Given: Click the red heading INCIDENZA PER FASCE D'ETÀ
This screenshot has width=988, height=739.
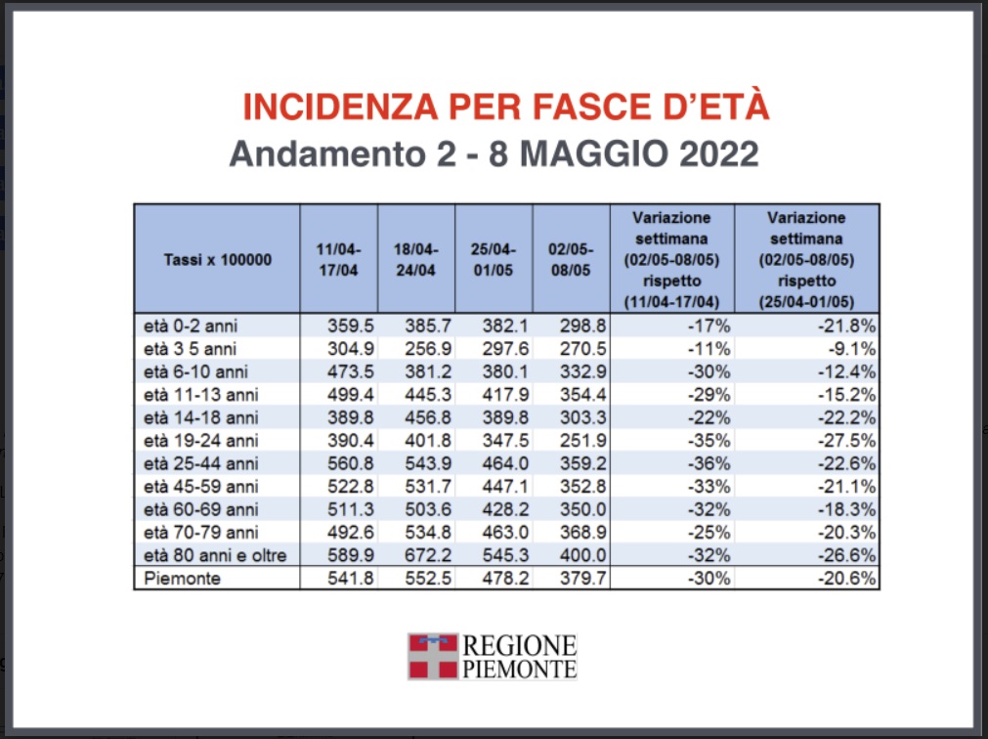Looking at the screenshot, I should coord(505,108).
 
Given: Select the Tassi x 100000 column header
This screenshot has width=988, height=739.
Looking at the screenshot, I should coord(217,260).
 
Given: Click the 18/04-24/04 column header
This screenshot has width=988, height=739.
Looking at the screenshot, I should coord(415,260).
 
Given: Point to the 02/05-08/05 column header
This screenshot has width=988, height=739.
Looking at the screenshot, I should coord(571,260).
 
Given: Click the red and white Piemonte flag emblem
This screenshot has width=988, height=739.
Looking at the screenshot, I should coord(432,656).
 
